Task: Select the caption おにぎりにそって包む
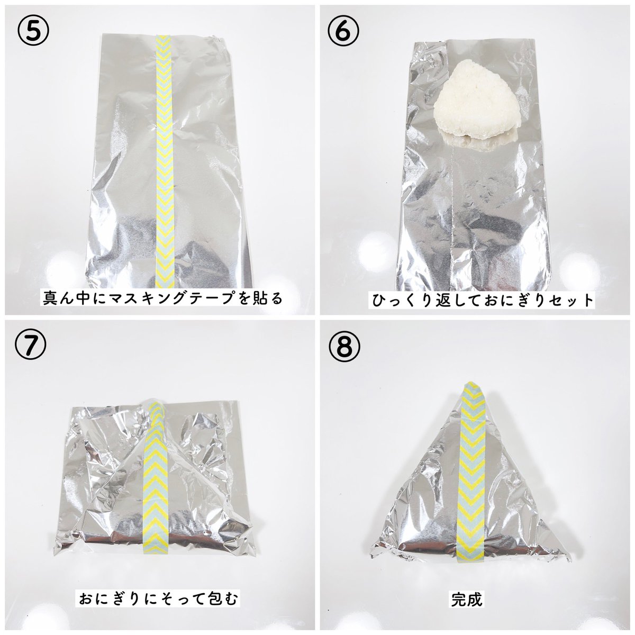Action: tap(159, 600)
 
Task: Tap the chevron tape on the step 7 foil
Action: tap(157, 476)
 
